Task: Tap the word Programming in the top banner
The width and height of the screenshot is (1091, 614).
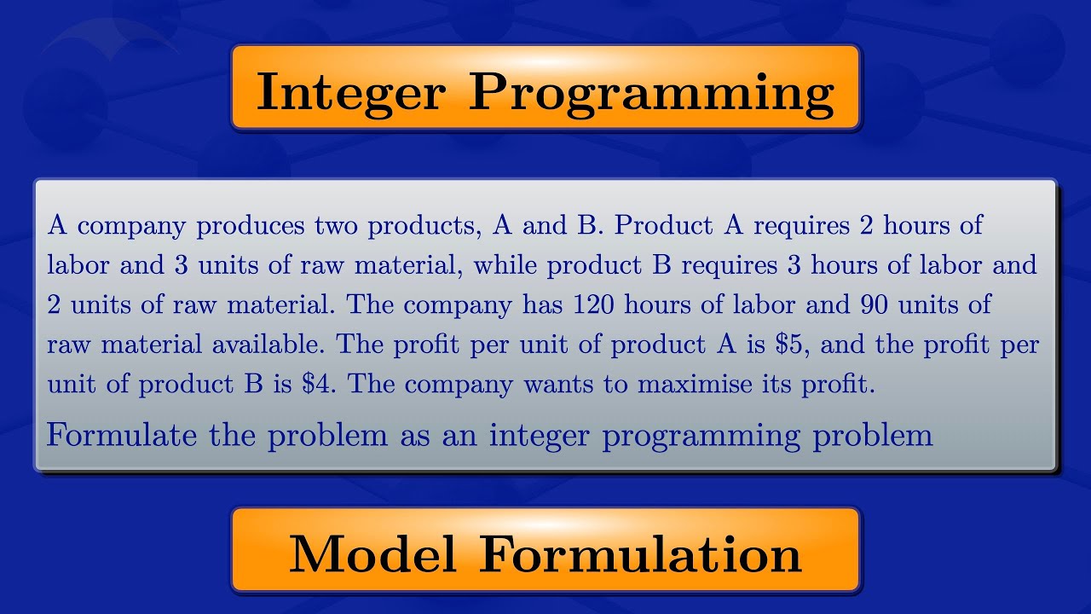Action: pyautogui.click(x=651, y=92)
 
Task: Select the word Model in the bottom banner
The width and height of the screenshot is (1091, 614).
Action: pyautogui.click(x=372, y=554)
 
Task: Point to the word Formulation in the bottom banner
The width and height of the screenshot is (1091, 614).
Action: pyautogui.click(x=640, y=554)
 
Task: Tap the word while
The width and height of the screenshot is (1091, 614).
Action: pyautogui.click(x=505, y=265)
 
